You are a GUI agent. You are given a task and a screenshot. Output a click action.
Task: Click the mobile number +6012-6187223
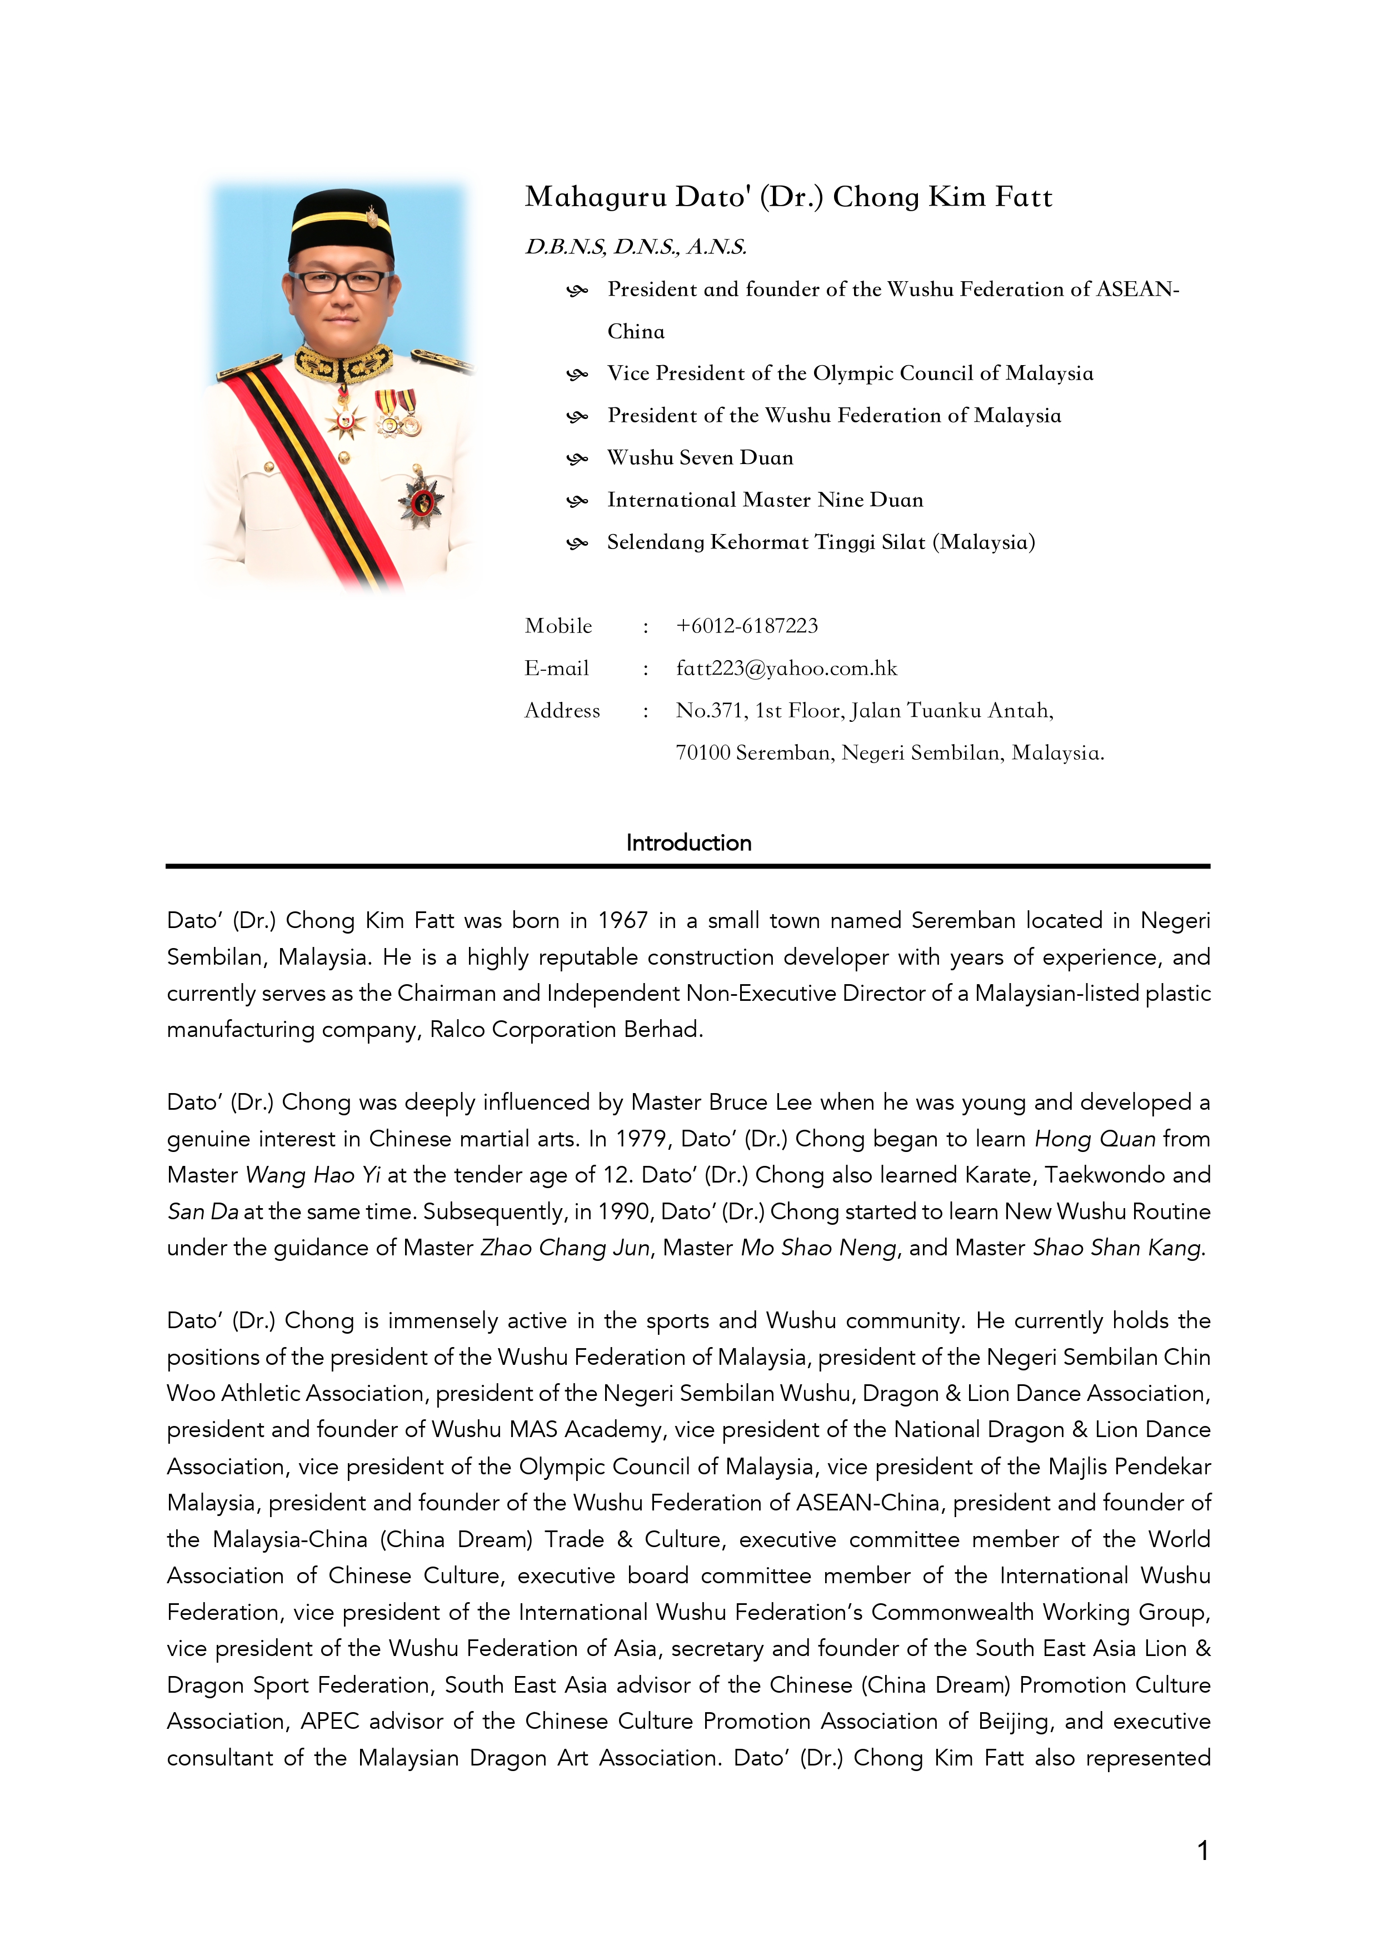pos(746,626)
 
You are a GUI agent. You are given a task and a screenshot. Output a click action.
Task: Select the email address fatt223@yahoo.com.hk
pos(786,669)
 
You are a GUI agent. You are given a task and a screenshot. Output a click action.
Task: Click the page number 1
pos(1202,1850)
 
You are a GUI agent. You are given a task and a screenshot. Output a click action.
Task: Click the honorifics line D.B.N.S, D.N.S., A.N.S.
pos(636,247)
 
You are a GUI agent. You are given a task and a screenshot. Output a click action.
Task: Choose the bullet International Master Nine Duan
pos(765,500)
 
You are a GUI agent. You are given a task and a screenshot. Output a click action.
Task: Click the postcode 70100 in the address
pos(702,754)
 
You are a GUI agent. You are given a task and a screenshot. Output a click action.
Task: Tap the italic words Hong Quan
pos(1095,1139)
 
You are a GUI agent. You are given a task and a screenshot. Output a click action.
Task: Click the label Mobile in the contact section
pos(558,626)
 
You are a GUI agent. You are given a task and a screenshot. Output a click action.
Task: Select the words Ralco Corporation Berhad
pos(566,1029)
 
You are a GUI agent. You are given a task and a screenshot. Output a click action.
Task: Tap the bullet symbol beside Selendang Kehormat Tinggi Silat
pos(577,543)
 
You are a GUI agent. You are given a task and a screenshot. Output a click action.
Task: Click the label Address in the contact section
pos(562,711)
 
